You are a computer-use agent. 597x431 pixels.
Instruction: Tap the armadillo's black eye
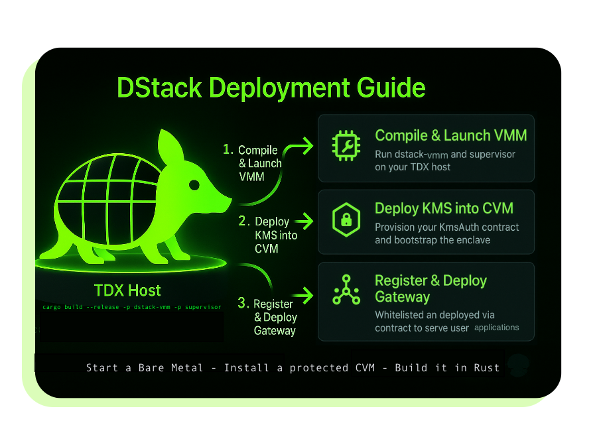[x=194, y=184]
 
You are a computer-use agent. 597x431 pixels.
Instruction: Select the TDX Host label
[x=127, y=290]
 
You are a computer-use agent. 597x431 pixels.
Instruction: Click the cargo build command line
[x=131, y=307]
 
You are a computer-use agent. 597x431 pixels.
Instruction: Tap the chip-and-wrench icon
[x=346, y=148]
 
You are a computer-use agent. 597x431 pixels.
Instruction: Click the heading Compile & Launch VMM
[x=451, y=136]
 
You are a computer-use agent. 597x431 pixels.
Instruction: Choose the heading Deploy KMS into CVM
[x=444, y=208]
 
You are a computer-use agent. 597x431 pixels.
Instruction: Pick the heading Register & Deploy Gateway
[x=431, y=288]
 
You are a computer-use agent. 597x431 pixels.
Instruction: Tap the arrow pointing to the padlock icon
[x=302, y=221]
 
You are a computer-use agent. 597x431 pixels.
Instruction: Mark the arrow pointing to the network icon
[x=302, y=294]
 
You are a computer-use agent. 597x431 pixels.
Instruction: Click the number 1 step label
[x=228, y=150]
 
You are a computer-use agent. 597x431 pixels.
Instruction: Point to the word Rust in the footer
[x=486, y=367]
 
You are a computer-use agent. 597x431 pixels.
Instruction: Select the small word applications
[x=497, y=328]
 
